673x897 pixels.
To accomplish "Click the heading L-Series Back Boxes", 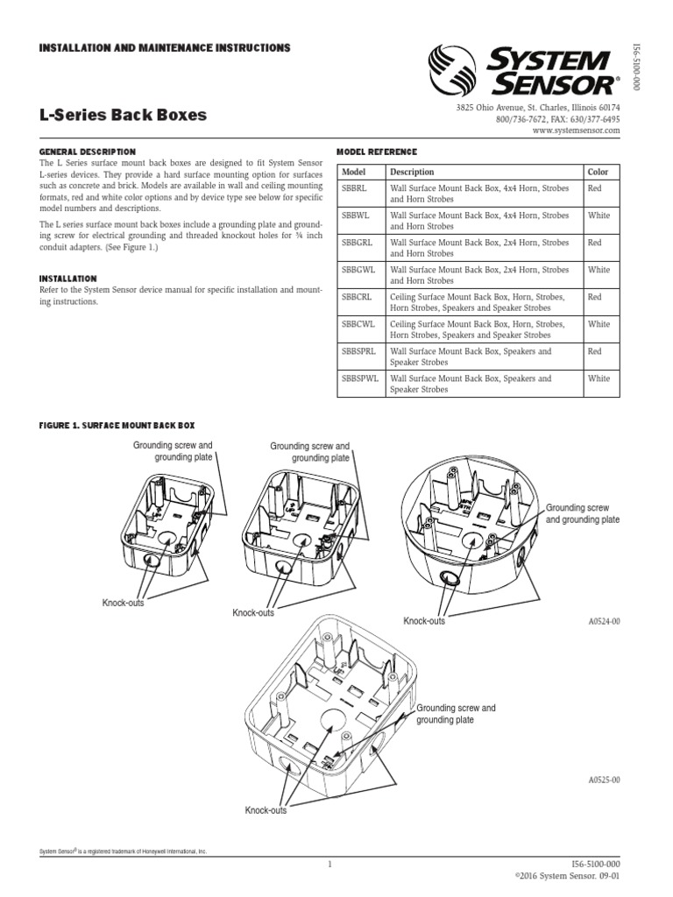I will (124, 115).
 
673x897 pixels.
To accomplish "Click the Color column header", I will (599, 172).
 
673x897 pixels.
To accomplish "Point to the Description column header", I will (412, 172).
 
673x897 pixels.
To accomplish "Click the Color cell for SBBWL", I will (599, 215).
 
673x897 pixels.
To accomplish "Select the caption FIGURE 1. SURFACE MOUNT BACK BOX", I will (117, 425).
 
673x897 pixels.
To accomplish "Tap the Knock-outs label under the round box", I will (424, 621).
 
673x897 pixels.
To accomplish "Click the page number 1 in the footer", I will (329, 865).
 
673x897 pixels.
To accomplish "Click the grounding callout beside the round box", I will (583, 513).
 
